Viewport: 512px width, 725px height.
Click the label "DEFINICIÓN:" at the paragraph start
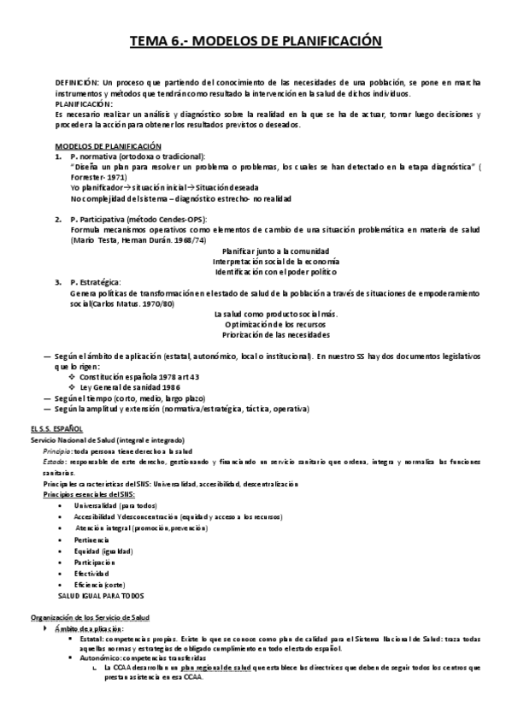[77, 83]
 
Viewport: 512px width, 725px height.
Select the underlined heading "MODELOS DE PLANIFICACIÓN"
[108, 146]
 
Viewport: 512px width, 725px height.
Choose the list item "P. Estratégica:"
[96, 282]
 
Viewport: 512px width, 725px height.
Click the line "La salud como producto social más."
[275, 314]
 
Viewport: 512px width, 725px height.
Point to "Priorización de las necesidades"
[275, 334]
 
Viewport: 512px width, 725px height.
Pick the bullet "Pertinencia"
[91, 540]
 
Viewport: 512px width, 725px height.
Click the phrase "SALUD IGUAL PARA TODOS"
[101, 594]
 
